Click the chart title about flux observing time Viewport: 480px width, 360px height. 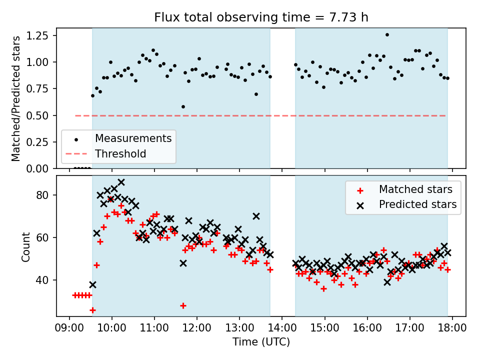pos(261,17)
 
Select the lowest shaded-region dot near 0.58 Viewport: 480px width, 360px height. pos(183,106)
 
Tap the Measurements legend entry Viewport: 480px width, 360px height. pos(133,138)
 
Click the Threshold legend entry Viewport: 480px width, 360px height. pos(120,153)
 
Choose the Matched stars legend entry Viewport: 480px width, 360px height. pos(415,189)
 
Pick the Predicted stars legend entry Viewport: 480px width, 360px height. pos(417,204)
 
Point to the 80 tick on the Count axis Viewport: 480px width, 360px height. pos(43,195)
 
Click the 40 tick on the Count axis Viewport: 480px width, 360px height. pos(43,280)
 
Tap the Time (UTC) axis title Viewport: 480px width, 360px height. pos(261,342)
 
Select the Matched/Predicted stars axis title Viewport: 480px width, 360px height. pos(16,98)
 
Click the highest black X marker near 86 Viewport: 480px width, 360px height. pos(121,182)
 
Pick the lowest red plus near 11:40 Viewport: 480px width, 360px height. pos(183,305)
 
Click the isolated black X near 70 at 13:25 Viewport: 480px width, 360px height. pos(256,216)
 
